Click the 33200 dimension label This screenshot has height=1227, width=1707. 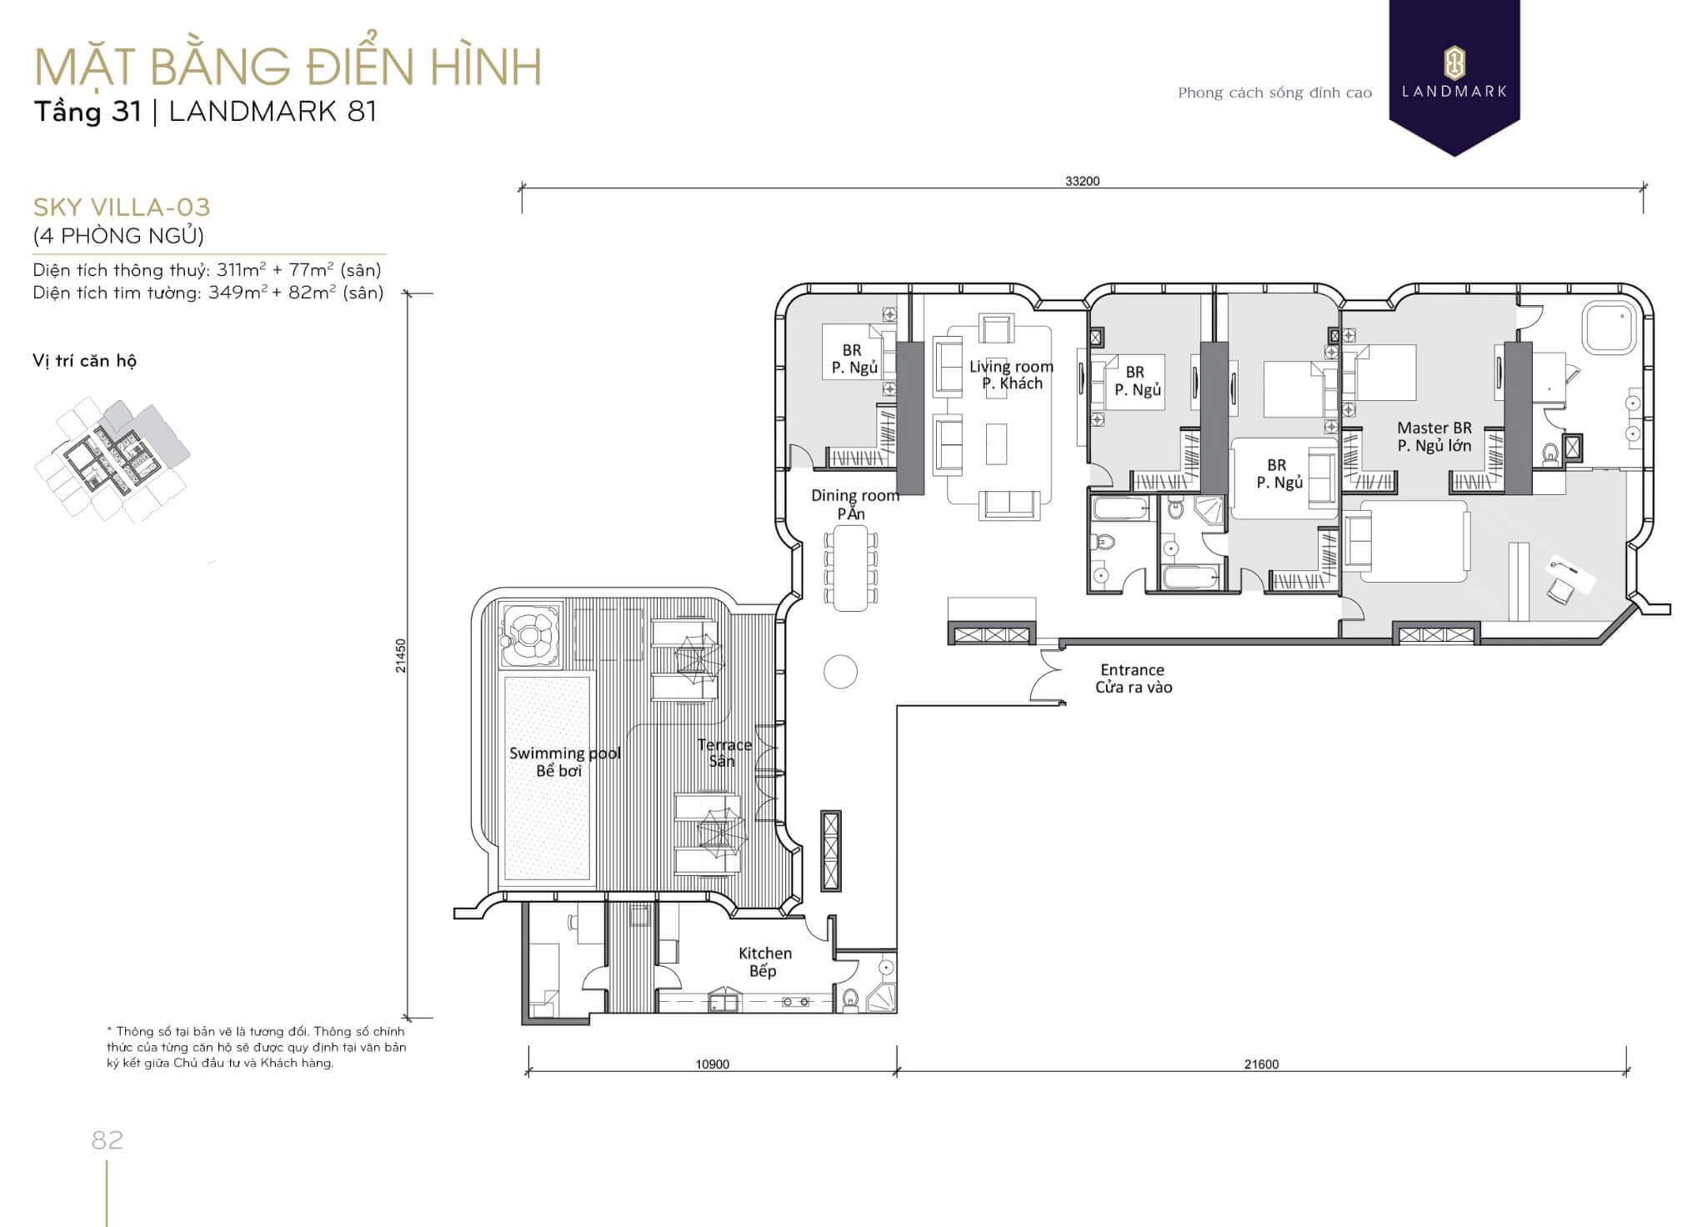pos(1082,181)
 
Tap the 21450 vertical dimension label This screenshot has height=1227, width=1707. pos(401,656)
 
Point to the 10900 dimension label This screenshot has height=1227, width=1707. pos(713,1064)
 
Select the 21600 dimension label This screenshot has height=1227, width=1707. pos(1261,1064)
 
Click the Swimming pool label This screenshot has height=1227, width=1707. pos(565,754)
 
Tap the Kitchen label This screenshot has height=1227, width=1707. pos(765,953)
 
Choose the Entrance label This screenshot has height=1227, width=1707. pos(1132,669)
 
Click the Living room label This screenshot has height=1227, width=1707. pos(1011,367)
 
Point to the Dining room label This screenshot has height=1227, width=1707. pos(855,496)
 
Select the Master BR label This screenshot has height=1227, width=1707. pos(1434,428)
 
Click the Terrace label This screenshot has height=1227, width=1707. pos(724,744)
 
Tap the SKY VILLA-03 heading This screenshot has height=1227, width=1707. pos(122,207)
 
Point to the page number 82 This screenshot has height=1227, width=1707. pos(108,1139)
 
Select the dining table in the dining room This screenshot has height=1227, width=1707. pos(850,568)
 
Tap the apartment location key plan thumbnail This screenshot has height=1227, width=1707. pos(112,460)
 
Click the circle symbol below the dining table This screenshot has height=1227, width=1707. pos(840,672)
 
